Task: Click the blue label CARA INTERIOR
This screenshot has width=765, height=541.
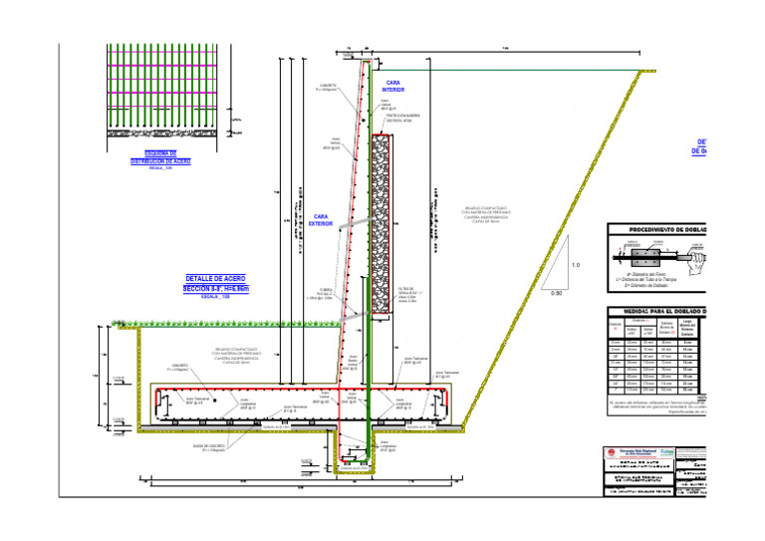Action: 393,86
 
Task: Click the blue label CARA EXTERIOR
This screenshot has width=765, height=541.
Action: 321,220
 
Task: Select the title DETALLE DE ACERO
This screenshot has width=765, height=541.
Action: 215,278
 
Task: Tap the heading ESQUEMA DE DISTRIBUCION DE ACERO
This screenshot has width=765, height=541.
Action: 160,157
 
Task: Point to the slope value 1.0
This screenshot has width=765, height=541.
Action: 575,264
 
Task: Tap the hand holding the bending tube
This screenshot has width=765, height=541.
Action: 698,257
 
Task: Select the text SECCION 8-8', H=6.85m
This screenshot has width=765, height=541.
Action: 215,288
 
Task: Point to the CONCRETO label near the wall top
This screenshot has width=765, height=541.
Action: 328,88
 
